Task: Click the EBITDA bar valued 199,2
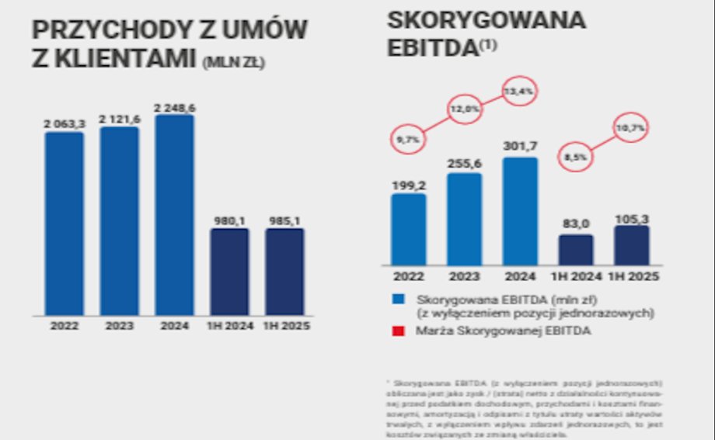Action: (x=409, y=229)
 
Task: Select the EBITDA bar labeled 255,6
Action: (x=464, y=219)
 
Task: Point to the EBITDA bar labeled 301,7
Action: (x=520, y=211)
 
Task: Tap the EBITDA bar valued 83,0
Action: (x=575, y=249)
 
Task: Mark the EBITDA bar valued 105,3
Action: (x=631, y=245)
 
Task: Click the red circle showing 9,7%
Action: (x=407, y=140)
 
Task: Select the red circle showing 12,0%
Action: (x=464, y=109)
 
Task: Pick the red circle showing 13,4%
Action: (x=520, y=92)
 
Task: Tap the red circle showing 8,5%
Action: (x=576, y=157)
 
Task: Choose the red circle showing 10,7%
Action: (x=631, y=126)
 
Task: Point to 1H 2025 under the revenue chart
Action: (x=288, y=327)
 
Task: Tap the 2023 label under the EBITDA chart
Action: (x=464, y=276)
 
